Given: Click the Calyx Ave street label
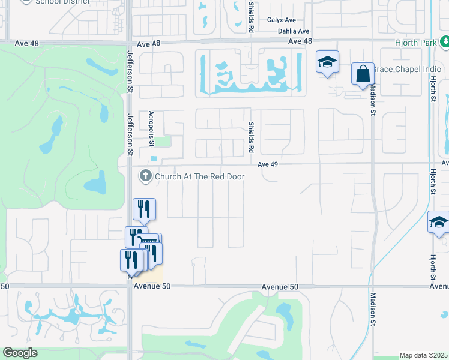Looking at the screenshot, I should coord(282,20).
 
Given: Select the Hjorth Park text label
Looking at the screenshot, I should coord(417,43).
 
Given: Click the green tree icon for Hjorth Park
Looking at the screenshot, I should coord(445,42).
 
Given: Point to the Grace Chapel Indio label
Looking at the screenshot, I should coord(398,69).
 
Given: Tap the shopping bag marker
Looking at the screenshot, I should coord(363,74).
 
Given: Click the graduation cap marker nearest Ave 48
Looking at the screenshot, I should coord(328,62).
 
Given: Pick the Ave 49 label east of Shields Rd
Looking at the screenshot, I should coord(270,164).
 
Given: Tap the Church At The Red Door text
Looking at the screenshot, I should coord(199,176).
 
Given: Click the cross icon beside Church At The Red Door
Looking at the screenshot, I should coord(145,176).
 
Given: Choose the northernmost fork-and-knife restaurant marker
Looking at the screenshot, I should coord(144,208).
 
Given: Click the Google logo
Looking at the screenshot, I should coord(20,353).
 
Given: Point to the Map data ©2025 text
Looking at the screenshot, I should coord(423,355).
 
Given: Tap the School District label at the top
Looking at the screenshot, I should coord(62,2).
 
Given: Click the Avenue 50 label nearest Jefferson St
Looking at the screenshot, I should coord(152,286).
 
